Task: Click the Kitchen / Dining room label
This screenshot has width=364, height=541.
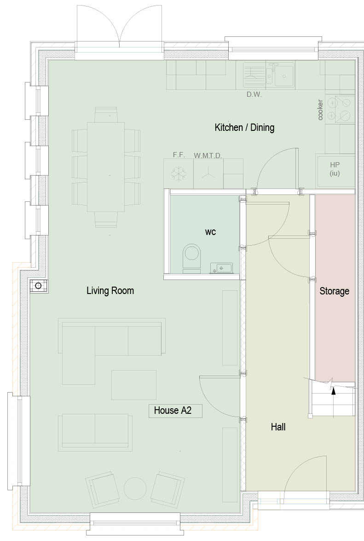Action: (x=244, y=128)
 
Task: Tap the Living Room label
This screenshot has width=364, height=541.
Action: (x=110, y=290)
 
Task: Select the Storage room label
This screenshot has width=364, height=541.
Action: (x=335, y=291)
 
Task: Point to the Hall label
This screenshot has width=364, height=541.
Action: (x=278, y=427)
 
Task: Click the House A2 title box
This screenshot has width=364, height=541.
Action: (x=175, y=411)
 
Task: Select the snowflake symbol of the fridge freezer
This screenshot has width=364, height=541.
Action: (x=179, y=173)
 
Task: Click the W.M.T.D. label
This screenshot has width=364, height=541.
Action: (x=208, y=156)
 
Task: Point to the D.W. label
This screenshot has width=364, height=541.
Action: (x=254, y=94)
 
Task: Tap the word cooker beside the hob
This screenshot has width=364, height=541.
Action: (x=320, y=110)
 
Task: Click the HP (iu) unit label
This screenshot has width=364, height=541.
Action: (x=335, y=169)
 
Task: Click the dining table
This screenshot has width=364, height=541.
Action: (x=106, y=167)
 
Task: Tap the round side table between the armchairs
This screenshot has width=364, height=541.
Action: (x=135, y=488)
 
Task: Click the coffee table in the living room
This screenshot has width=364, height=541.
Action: (x=134, y=385)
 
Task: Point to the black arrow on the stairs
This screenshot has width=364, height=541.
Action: (x=333, y=390)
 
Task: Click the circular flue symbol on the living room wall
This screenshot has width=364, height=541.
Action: (x=38, y=286)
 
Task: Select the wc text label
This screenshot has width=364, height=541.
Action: (x=211, y=232)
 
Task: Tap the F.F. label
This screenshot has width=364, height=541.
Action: (x=179, y=155)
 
